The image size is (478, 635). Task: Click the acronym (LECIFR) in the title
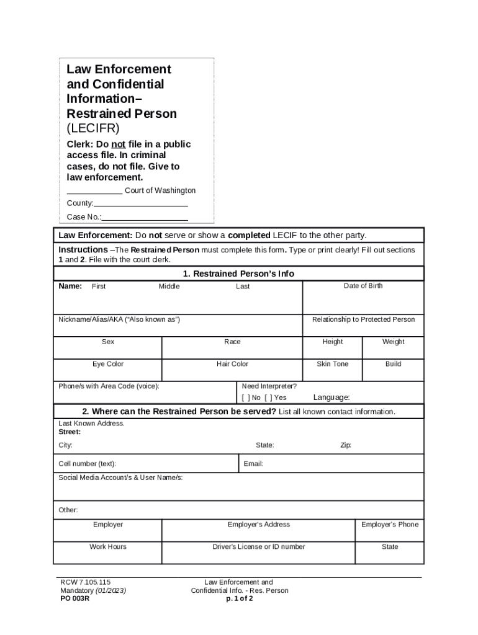pyautogui.click(x=92, y=128)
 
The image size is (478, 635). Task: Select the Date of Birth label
pyautogui.click(x=363, y=286)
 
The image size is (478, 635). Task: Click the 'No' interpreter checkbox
pyautogui.click(x=245, y=397)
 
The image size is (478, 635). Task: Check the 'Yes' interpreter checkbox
pyautogui.click(x=268, y=397)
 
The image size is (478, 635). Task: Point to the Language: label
pyautogui.click(x=331, y=397)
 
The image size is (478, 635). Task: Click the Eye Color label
pyautogui.click(x=108, y=364)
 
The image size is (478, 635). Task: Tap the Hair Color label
pyautogui.click(x=232, y=364)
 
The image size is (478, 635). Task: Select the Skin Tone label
pyautogui.click(x=332, y=364)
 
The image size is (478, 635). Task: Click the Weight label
pyautogui.click(x=393, y=342)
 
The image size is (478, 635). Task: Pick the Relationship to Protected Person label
pyautogui.click(x=363, y=319)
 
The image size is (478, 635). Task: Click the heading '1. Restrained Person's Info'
pyautogui.click(x=238, y=273)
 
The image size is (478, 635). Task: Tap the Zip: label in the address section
pyautogui.click(x=346, y=445)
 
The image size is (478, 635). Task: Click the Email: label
pyautogui.click(x=253, y=464)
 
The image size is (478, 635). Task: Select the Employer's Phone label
pyautogui.click(x=390, y=525)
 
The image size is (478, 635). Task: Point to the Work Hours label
pyautogui.click(x=108, y=547)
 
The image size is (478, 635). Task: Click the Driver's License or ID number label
pyautogui.click(x=259, y=547)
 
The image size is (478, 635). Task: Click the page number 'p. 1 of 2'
pyautogui.click(x=239, y=599)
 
